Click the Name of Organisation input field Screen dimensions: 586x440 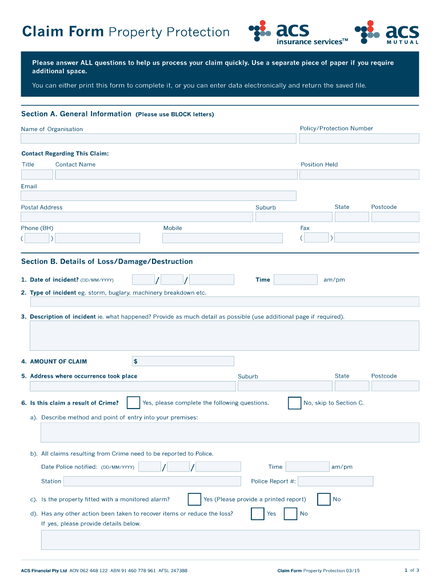coord(158,138)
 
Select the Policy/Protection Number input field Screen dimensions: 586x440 coord(359,138)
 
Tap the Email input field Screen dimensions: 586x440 coord(158,196)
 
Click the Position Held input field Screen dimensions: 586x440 coord(359,175)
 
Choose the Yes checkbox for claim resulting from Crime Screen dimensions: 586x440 coord(133,403)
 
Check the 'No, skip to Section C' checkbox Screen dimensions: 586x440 coord(294,403)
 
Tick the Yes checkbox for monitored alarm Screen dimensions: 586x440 coord(194,500)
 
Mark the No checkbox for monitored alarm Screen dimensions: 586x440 coord(323,500)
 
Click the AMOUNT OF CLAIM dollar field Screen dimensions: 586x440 coord(183,361)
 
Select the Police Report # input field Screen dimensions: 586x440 coord(335,481)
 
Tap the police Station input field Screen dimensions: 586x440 coord(152,481)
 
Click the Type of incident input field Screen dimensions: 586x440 coord(224,302)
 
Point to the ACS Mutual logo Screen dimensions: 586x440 coord(387,33)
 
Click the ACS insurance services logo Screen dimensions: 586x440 coord(298,33)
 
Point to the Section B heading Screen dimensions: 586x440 coord(107,262)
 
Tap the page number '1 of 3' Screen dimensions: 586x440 coord(411,570)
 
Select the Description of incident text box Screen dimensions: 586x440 coord(224,335)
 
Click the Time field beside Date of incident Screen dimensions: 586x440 coord(295,280)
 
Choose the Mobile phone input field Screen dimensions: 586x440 coord(222,237)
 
